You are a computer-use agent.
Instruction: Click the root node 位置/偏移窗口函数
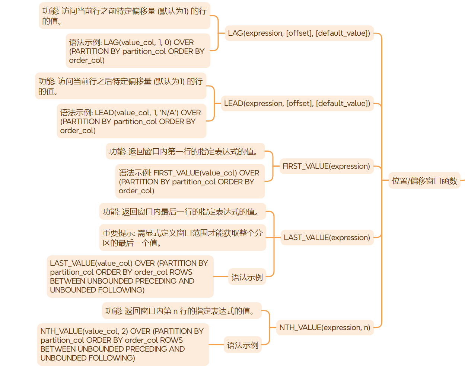point(424,181)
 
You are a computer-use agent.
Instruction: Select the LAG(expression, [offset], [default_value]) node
point(299,33)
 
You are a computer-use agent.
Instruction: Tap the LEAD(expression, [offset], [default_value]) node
point(297,103)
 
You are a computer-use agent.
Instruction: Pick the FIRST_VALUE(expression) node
point(326,166)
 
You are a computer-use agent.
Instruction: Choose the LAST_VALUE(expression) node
point(327,238)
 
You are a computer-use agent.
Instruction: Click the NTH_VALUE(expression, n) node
point(325,327)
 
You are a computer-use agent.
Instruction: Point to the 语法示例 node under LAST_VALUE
point(247,277)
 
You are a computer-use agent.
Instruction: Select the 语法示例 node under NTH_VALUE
point(242,345)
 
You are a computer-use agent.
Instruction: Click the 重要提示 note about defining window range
point(182,238)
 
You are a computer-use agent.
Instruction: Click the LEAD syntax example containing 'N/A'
point(131,121)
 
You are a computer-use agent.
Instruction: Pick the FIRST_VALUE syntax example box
point(190,181)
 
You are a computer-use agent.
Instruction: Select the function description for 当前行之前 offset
point(124,16)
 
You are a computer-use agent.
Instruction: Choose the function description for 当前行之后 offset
point(121,86)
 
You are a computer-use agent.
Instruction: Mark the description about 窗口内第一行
point(185,151)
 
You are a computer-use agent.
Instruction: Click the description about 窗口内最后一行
point(182,212)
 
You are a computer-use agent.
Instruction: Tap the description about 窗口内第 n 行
point(181,311)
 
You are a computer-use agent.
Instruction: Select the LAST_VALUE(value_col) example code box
point(130,277)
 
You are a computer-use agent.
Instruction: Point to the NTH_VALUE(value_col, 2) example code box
point(123,345)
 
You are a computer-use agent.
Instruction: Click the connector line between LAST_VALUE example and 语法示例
point(221,277)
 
